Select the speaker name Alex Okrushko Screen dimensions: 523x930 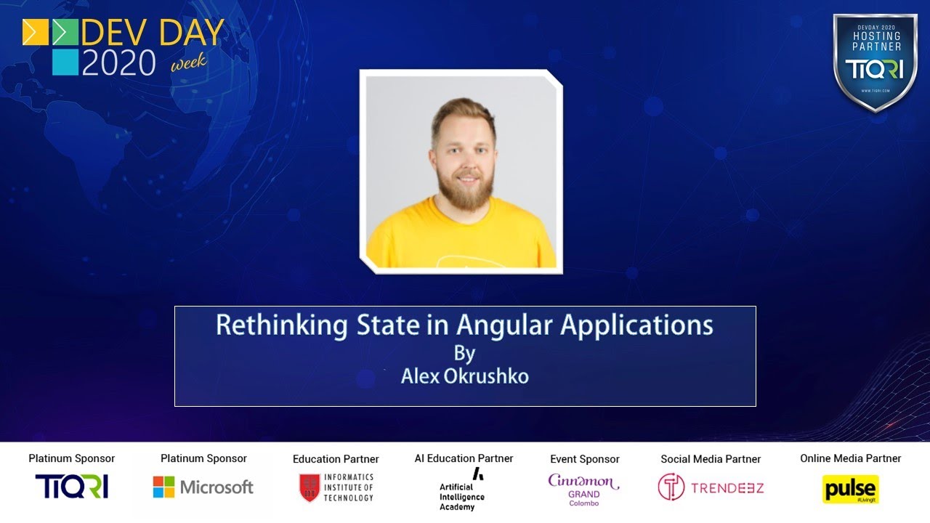(x=465, y=376)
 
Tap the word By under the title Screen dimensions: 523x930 (x=464, y=353)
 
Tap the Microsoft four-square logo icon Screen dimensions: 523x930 (x=163, y=487)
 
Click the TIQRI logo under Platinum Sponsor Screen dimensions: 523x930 (x=71, y=487)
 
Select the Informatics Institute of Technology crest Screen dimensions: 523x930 (x=310, y=487)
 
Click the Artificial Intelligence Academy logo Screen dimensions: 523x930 (x=463, y=489)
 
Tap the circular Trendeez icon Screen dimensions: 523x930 (x=671, y=487)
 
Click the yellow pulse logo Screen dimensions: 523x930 (x=850, y=489)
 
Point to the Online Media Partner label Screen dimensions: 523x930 (x=850, y=458)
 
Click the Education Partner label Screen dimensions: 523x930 (x=336, y=459)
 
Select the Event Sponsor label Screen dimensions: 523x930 (x=584, y=459)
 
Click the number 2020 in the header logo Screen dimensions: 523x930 (x=119, y=62)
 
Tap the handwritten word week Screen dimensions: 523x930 (x=189, y=62)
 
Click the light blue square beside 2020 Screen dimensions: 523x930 (x=65, y=62)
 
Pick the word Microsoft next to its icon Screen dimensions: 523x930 (x=217, y=487)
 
